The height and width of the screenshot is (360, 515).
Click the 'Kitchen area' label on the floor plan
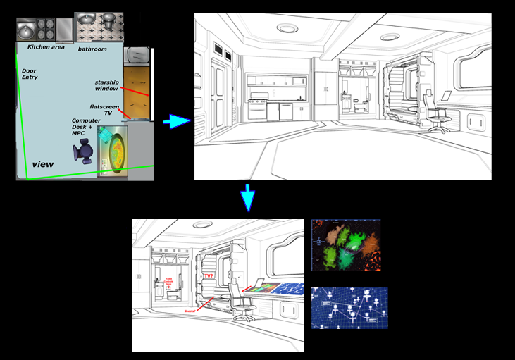[46, 47]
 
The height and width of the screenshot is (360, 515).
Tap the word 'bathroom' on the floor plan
[92, 49]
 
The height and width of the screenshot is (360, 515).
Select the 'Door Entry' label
[30, 74]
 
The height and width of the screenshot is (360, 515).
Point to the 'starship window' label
[107, 86]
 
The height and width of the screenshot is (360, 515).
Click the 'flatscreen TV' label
[103, 108]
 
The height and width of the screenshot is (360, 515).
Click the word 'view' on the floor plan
[43, 164]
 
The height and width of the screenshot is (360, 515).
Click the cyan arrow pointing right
[176, 122]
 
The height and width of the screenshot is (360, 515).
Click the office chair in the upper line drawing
[440, 118]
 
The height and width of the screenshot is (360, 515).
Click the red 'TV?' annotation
[208, 276]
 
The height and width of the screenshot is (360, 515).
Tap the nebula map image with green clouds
[345, 244]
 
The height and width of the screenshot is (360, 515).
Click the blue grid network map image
[349, 307]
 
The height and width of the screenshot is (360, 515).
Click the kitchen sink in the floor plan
[25, 29]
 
